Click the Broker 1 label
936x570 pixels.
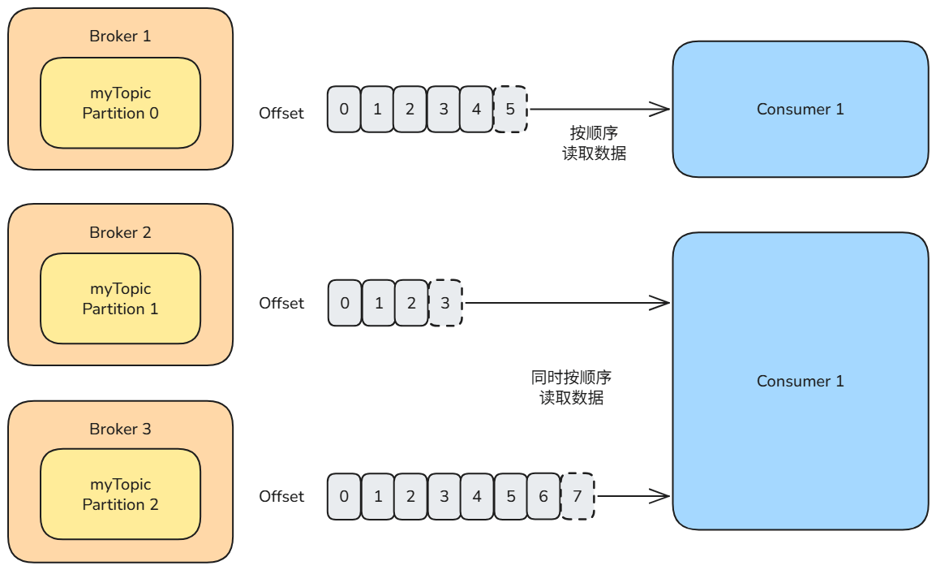[120, 37]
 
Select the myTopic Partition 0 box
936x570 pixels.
[120, 103]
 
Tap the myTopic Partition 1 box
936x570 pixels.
[120, 299]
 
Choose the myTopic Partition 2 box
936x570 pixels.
[120, 494]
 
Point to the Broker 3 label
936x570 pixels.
[120, 429]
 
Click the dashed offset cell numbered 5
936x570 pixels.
[510, 109]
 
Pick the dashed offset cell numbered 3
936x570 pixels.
[445, 303]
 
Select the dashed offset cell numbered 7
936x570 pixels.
[577, 496]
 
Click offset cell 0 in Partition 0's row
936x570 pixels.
[344, 109]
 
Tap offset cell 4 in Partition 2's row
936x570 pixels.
[477, 496]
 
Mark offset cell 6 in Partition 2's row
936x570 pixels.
[543, 496]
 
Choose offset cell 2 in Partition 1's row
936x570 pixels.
[411, 303]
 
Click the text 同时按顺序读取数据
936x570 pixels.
[571, 387]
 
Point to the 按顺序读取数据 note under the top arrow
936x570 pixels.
[594, 143]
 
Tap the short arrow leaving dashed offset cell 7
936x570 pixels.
[633, 496]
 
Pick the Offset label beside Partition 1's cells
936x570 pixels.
[281, 303]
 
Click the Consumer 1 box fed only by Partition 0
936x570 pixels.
[800, 109]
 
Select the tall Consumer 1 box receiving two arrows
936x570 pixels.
[800, 381]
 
